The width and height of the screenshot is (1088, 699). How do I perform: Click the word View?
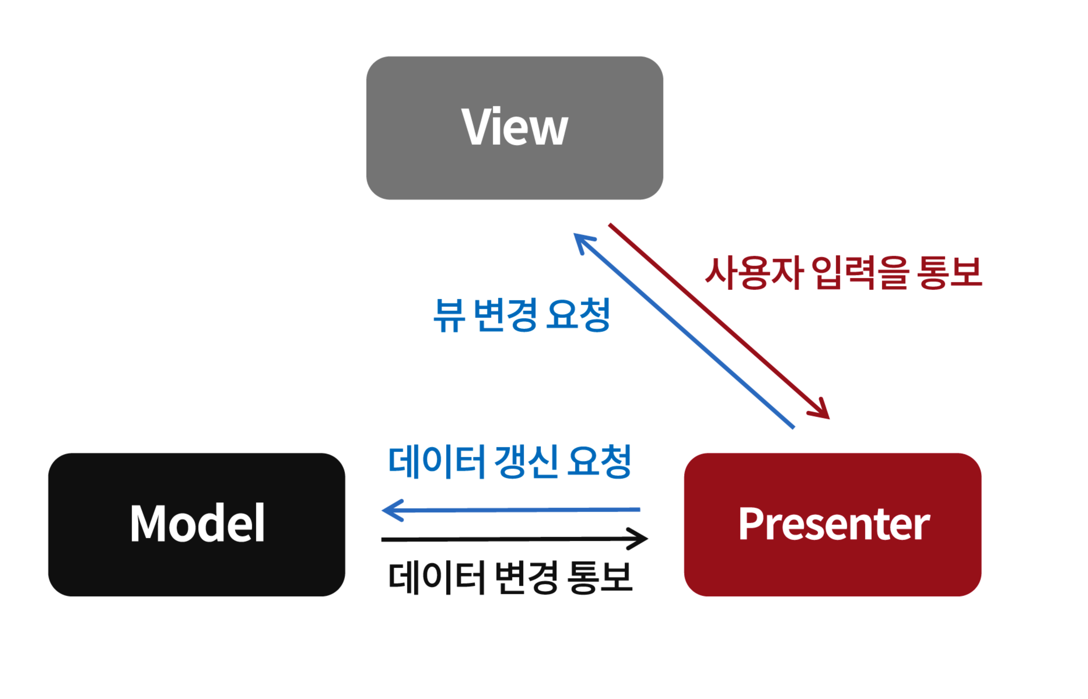click(515, 127)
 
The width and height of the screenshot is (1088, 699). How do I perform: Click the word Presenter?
click(834, 524)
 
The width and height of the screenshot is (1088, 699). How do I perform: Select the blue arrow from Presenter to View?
click(686, 331)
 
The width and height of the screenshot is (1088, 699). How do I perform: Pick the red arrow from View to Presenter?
click(718, 320)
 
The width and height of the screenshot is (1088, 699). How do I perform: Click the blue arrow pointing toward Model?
click(513, 510)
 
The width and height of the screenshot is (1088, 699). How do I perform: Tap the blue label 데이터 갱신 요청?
click(510, 462)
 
